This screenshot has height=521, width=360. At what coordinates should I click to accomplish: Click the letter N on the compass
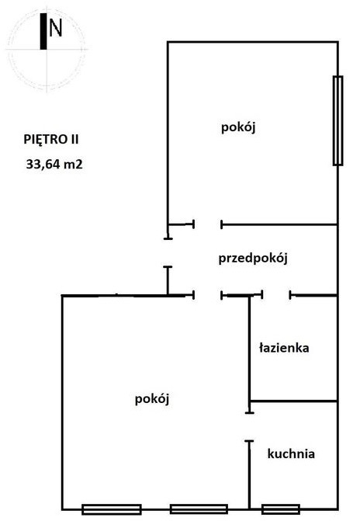point(55,27)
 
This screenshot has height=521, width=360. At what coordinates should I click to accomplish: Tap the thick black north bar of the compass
point(43,31)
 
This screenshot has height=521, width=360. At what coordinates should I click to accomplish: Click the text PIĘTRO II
point(51,140)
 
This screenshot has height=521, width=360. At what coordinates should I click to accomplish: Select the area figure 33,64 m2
point(54,164)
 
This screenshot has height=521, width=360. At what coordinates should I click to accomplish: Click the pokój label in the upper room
point(238,127)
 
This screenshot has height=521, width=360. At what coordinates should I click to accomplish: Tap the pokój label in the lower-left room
point(152,399)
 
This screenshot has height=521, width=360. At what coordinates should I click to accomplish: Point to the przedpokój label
point(253,259)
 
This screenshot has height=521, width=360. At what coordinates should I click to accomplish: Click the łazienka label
point(284,348)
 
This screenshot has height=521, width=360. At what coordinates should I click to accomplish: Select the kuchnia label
point(291,453)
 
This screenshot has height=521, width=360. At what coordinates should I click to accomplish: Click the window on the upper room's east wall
point(338,120)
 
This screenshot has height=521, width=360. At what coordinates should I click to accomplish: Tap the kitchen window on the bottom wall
point(281,509)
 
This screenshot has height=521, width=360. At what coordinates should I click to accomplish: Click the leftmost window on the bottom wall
point(112,509)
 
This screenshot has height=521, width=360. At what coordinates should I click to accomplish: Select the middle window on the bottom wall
point(199,509)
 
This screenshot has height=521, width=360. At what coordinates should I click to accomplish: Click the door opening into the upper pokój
point(208,224)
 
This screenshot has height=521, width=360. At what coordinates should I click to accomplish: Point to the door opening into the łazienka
point(276,295)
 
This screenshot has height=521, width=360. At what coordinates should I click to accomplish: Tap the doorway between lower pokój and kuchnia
point(249,427)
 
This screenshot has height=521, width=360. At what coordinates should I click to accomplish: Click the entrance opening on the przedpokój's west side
point(168,252)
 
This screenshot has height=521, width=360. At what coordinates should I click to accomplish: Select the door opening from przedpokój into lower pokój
point(208,295)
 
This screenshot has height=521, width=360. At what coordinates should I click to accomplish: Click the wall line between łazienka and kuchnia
point(293,401)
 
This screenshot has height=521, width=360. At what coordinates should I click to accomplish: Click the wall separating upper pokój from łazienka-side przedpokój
point(279,224)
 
